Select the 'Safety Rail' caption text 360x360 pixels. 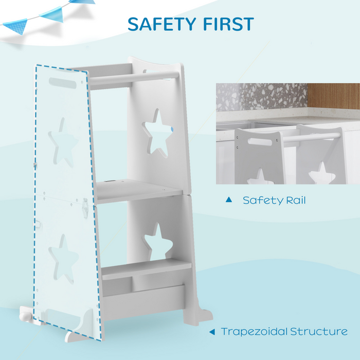click(274, 200)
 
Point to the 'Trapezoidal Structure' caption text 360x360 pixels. click(284, 331)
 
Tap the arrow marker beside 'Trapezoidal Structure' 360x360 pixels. click(211, 332)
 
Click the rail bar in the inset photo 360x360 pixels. click(312, 137)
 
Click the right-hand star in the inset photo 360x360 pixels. click(321, 174)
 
